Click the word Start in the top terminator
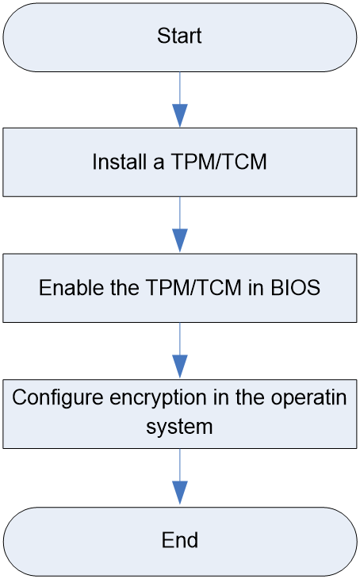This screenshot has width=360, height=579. tap(179, 36)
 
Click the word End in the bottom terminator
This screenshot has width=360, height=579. tap(180, 540)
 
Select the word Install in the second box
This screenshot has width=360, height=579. tap(119, 162)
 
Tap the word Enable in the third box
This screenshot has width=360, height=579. tap(71, 287)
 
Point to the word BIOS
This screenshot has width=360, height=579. tap(296, 287)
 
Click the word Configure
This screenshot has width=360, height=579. tap(58, 398)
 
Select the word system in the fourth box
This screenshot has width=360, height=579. tap(179, 428)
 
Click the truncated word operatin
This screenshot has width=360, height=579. tap(308, 399)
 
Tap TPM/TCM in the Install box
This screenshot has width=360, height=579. tap(219, 162)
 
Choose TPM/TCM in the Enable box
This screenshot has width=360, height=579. tap(193, 287)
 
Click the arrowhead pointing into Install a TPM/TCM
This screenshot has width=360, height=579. tap(180, 116)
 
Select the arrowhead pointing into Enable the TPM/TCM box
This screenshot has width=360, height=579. tap(180, 241)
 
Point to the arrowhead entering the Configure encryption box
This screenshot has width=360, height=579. tap(180, 366)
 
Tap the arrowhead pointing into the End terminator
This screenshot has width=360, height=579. tap(180, 493)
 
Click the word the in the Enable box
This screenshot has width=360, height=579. tap(124, 287)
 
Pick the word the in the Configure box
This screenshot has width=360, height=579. tap(250, 397)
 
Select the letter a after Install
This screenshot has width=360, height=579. tap(159, 164)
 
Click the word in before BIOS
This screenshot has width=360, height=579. tap(255, 287)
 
